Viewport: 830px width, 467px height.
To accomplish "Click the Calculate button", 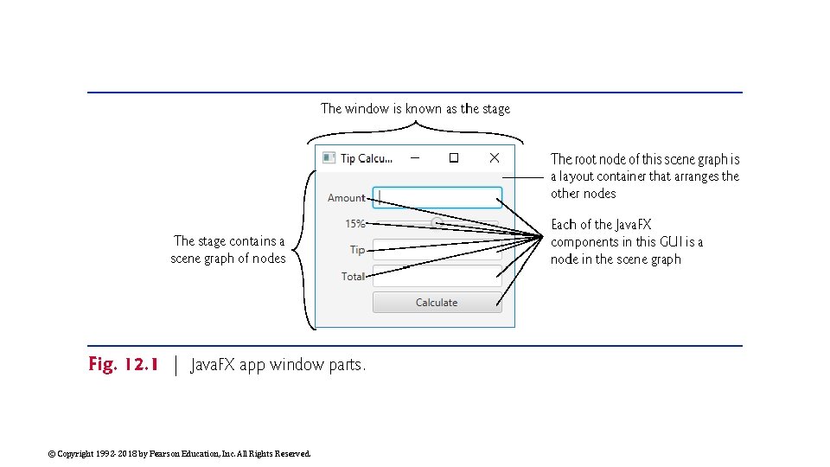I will (x=437, y=303).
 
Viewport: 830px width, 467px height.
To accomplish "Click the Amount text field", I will (x=437, y=197).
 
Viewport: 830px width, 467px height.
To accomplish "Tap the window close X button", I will (x=494, y=157).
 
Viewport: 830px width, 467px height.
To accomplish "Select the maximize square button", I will (x=453, y=157).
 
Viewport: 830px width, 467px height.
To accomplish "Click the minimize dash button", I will (x=415, y=157).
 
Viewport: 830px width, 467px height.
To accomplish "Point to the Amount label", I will (x=346, y=198).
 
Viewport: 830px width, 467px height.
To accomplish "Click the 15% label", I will (x=354, y=224).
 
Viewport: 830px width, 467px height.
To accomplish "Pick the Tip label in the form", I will (x=357, y=250).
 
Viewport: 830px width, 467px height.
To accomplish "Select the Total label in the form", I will (x=353, y=277).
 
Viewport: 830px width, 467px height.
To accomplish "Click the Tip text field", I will (x=437, y=251).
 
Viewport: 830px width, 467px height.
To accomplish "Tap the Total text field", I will (x=437, y=277).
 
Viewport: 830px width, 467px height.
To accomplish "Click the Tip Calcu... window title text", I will (x=366, y=158).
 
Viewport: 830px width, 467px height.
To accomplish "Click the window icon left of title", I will (x=329, y=157).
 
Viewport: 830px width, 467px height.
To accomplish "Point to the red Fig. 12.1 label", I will (x=123, y=365).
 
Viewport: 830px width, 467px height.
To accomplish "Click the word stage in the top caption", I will (x=497, y=109).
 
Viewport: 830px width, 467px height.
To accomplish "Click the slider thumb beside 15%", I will (x=437, y=223).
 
